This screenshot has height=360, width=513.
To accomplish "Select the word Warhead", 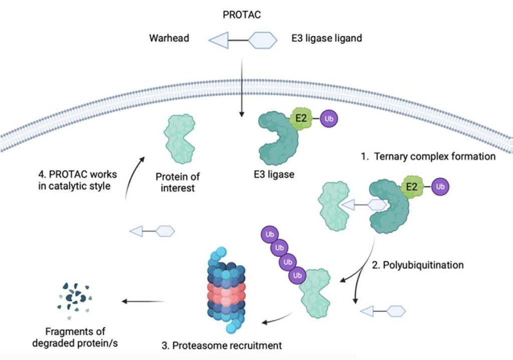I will pyautogui.click(x=169, y=39).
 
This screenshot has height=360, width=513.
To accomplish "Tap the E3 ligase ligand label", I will pyautogui.click(x=327, y=39).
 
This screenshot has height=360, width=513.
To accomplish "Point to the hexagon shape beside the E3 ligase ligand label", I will pyautogui.click(x=263, y=40).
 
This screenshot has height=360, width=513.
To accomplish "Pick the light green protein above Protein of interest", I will pyautogui.click(x=178, y=138).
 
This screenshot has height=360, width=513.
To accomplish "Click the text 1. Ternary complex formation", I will pyautogui.click(x=428, y=156).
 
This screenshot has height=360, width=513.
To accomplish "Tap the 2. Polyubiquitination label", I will pyautogui.click(x=417, y=264).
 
